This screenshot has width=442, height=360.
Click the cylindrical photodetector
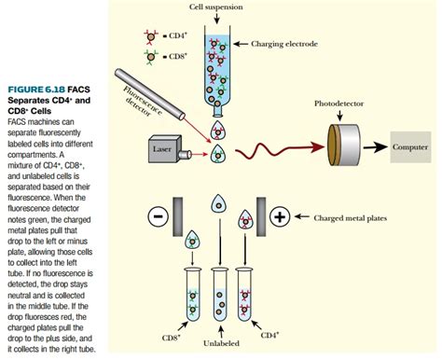344,146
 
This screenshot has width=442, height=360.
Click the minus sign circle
158,216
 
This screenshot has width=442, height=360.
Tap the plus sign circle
279,216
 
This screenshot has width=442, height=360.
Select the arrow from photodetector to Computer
375,147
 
